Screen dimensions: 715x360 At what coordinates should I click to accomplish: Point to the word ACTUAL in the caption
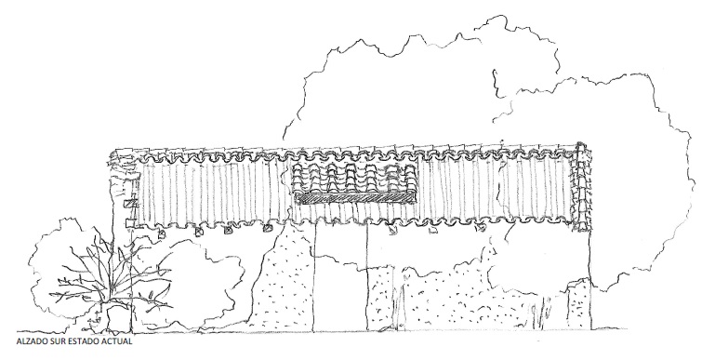[x=118, y=341]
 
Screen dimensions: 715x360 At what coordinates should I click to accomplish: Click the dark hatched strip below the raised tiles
[x=356, y=197]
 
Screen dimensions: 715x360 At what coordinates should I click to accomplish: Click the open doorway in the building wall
[x=340, y=279]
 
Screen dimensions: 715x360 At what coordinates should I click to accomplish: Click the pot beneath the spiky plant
[x=117, y=317]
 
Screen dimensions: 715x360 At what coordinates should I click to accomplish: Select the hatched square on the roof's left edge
[x=131, y=203]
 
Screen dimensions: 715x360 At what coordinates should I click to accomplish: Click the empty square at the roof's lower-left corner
[x=130, y=223]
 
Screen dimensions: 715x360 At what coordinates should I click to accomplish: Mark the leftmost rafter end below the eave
[x=162, y=233]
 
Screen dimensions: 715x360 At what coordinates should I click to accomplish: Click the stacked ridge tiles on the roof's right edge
[x=582, y=187]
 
